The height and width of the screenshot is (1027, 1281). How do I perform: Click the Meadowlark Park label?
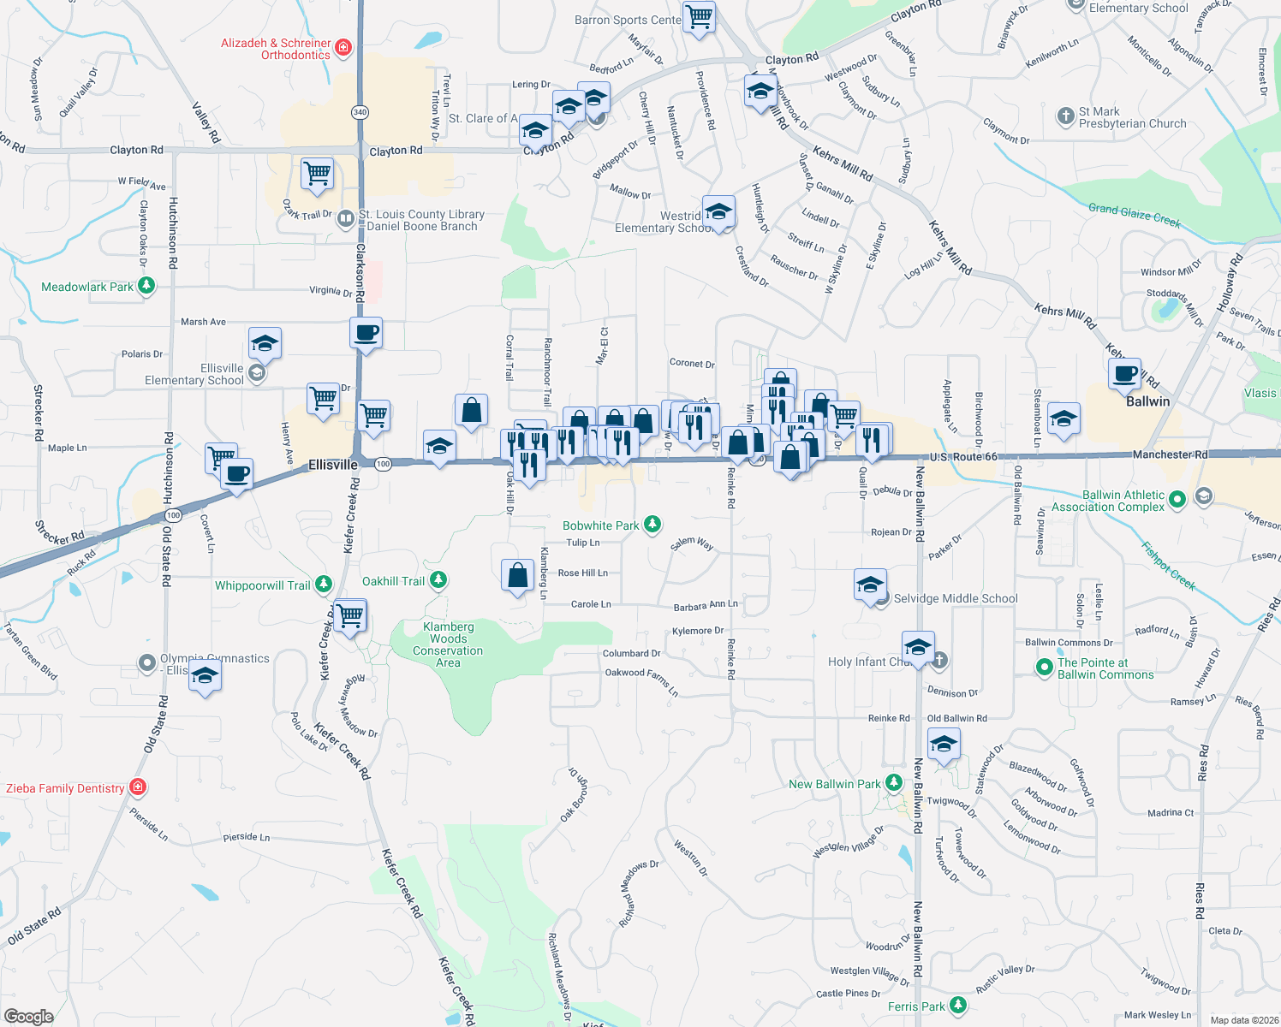(87, 287)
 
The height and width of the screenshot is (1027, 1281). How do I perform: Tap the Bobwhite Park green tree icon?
(652, 525)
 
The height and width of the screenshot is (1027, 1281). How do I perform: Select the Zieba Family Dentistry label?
(65, 788)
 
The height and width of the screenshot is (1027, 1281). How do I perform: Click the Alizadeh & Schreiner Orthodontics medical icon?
(343, 47)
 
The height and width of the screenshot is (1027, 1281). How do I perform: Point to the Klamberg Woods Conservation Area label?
(448, 644)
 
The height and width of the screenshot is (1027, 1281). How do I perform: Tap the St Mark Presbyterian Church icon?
(1065, 116)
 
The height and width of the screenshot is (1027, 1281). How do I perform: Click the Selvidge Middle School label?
(956, 598)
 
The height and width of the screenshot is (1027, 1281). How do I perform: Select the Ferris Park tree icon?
(958, 1006)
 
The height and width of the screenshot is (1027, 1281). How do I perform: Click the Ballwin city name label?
(1147, 401)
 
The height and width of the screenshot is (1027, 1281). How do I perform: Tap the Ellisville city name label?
(332, 465)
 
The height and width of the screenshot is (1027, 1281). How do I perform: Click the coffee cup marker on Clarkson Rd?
(366, 332)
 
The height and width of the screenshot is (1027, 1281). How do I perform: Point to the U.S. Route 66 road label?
(963, 456)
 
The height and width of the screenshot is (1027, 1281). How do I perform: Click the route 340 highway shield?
(360, 112)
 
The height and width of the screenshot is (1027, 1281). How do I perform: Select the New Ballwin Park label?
(834, 784)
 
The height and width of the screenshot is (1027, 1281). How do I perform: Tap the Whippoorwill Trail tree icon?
(323, 585)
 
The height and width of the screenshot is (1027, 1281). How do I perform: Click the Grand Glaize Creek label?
(1134, 214)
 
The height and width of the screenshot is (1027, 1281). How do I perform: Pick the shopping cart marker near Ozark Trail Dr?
(317, 174)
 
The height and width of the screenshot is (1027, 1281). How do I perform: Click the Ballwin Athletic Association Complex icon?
(1177, 499)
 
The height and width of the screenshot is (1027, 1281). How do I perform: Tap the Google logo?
(28, 1016)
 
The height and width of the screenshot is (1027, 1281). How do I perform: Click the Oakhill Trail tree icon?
(438, 580)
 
